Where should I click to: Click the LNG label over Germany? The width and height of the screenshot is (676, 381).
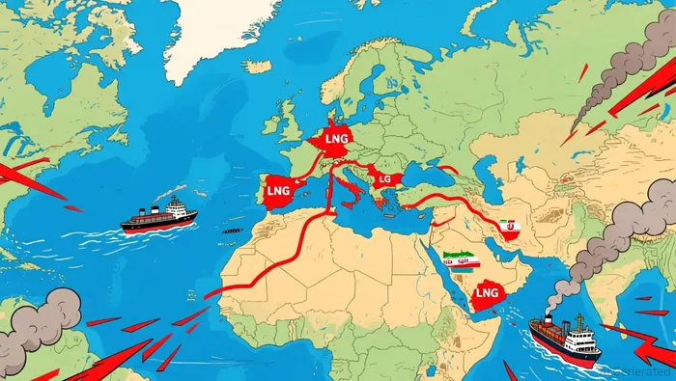338,140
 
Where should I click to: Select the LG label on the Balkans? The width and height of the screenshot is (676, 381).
384,179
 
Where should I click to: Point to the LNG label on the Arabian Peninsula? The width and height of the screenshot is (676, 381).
489,292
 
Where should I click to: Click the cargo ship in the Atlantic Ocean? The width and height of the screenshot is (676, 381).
159,216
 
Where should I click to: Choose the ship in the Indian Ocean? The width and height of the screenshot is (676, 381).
565,340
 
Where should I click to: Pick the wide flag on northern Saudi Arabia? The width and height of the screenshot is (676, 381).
461,260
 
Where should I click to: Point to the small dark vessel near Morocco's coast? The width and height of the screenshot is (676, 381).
232,231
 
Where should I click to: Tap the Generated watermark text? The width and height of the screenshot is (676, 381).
637,372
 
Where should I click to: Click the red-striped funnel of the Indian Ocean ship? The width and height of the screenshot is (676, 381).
549,319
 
